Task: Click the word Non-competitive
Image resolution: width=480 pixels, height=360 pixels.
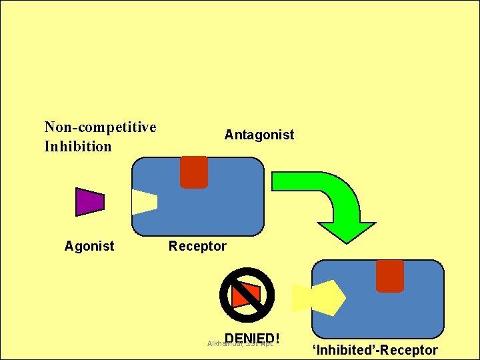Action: coord(100,127)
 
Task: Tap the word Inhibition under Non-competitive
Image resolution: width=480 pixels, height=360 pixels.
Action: coord(77,146)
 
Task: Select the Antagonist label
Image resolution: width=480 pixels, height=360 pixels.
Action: coord(259,135)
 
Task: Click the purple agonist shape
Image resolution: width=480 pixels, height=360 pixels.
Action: coord(89,202)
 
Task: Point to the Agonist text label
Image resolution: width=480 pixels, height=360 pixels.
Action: coord(89,246)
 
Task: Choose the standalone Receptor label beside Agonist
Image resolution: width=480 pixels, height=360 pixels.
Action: coord(197,246)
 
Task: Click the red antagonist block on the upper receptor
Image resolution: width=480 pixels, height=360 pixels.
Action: coord(194,171)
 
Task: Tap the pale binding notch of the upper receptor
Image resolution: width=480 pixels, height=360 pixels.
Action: coord(143,202)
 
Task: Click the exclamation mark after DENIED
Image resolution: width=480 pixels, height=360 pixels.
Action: coord(275,339)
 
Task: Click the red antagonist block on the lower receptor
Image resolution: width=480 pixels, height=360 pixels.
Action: coord(389,275)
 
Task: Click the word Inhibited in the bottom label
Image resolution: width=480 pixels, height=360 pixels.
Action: coord(346,350)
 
